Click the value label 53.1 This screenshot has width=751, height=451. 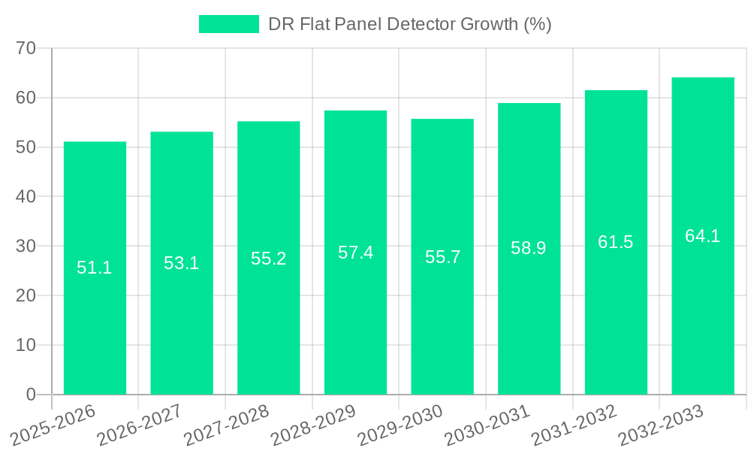(182, 263)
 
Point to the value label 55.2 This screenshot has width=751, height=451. (269, 259)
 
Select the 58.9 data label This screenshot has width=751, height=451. (529, 248)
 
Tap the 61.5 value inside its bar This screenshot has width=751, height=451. (616, 242)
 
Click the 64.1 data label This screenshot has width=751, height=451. (703, 236)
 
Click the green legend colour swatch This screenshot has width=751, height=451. (228, 24)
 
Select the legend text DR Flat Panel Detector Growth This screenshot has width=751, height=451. (410, 24)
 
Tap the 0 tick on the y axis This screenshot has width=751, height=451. (31, 395)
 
